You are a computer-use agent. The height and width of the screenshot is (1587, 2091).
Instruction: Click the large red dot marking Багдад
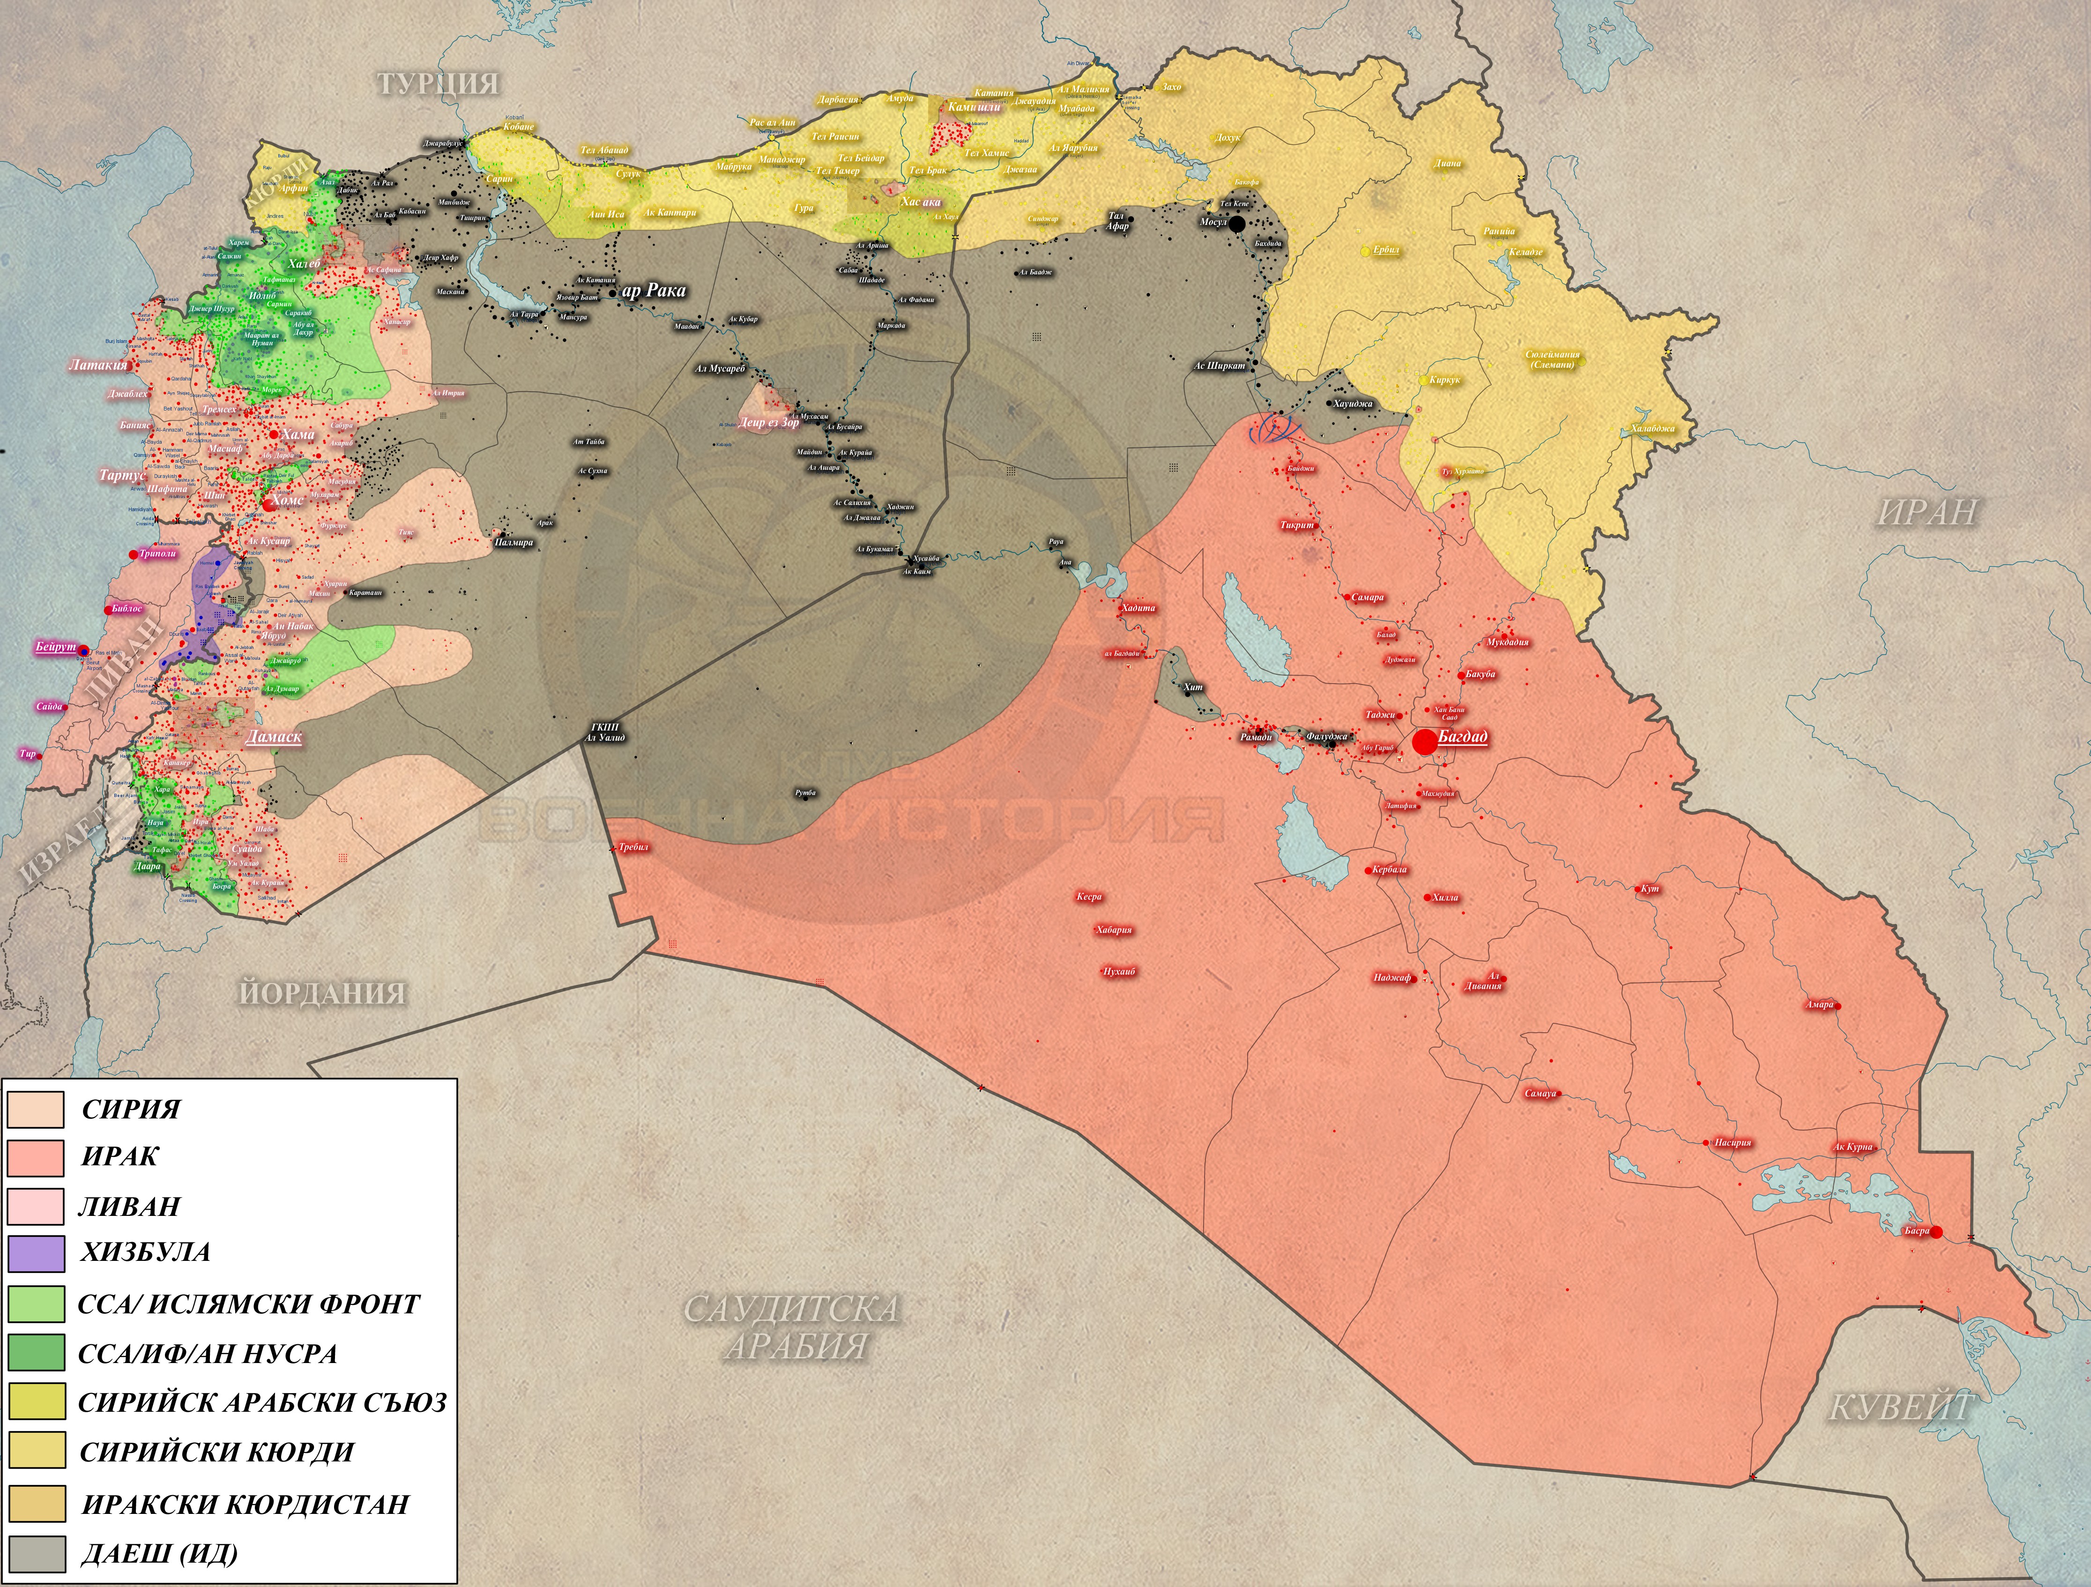[1425, 742]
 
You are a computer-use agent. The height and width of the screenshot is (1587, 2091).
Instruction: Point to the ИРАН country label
[1927, 511]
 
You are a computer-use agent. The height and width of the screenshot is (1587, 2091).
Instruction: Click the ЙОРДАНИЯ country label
[322, 993]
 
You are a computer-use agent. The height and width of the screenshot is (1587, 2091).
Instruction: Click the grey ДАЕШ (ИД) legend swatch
[36, 1553]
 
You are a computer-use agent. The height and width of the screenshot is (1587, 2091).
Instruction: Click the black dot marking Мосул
[1236, 223]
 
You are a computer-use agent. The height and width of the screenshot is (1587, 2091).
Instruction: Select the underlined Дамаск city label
[273, 736]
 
